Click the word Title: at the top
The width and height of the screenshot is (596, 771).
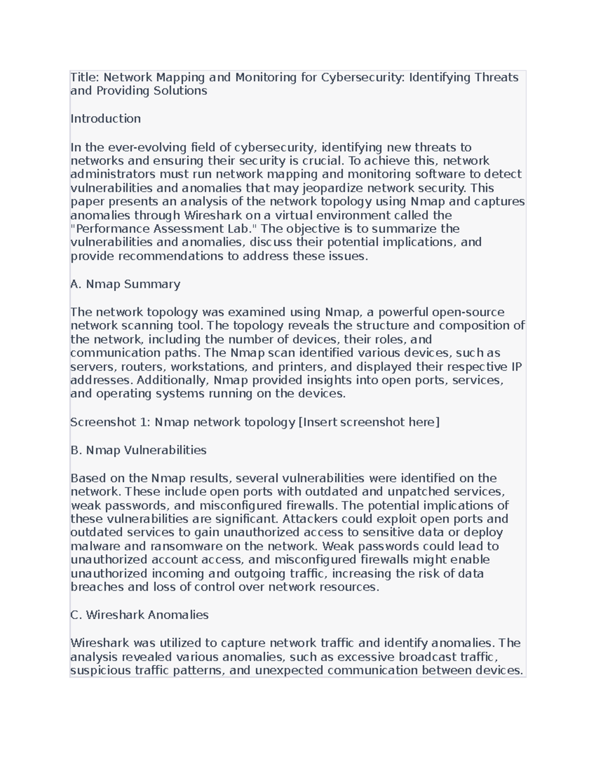[x=85, y=77]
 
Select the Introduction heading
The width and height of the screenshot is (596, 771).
[x=105, y=119]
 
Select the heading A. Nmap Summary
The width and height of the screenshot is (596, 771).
[x=125, y=284]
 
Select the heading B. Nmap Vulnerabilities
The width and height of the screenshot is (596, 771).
[x=138, y=450]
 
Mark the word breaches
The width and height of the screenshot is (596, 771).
[x=97, y=587]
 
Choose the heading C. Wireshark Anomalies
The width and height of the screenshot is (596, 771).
[x=139, y=615]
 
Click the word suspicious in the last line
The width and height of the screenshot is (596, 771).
[x=101, y=671]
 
